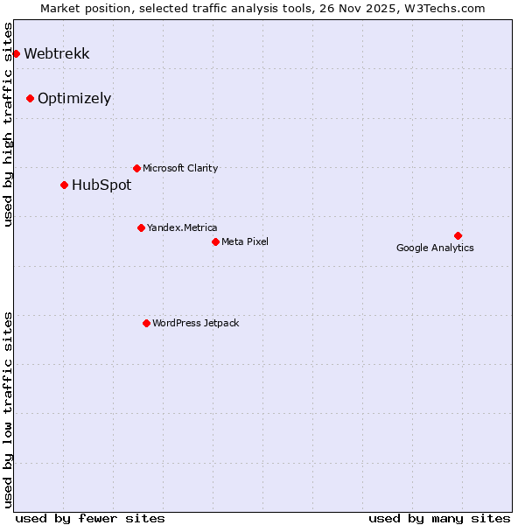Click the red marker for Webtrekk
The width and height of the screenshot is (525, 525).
click(16, 53)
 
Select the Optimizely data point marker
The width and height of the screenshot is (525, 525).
click(30, 98)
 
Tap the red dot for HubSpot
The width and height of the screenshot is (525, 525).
click(64, 185)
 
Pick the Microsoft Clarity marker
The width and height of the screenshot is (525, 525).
click(136, 168)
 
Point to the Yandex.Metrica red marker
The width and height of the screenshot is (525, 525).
click(141, 227)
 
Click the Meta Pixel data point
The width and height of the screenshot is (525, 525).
click(215, 241)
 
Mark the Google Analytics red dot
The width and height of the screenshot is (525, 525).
click(458, 235)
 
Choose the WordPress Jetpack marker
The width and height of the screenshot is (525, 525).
click(146, 323)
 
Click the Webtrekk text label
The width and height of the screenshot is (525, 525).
click(56, 53)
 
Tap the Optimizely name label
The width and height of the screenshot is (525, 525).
click(74, 98)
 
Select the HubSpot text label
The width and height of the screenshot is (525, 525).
click(101, 185)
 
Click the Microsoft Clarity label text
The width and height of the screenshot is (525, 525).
click(180, 168)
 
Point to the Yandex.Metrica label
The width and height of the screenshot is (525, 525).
click(182, 227)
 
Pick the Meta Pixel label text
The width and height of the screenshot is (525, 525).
click(245, 241)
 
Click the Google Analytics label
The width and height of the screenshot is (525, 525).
click(435, 248)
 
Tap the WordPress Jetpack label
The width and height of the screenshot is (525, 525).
click(195, 323)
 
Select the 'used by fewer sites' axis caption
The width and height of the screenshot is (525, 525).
click(90, 518)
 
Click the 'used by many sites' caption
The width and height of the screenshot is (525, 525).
click(439, 518)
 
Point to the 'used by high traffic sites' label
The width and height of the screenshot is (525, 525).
click(8, 124)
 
